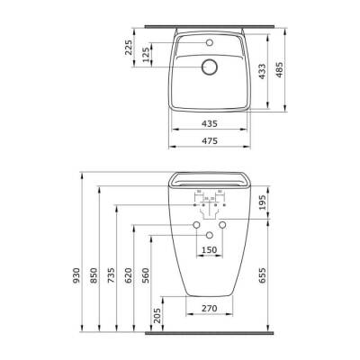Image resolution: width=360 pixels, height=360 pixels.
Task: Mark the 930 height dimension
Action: [x=77, y=273]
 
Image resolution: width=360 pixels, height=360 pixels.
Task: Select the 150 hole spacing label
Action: [x=208, y=249]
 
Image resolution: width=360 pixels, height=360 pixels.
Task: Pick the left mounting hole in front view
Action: [x=195, y=224]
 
